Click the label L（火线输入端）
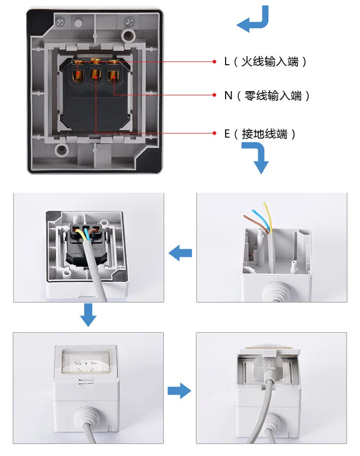[x=265, y=62]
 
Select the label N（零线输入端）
[x=266, y=95]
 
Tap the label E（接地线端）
[x=260, y=134]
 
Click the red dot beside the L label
[x=215, y=62]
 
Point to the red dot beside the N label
[x=215, y=95]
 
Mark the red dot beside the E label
[x=215, y=133]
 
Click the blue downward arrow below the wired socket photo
[x=88, y=315]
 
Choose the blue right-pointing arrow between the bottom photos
[x=179, y=391]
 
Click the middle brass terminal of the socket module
[x=96, y=74]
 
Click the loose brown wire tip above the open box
[x=244, y=216]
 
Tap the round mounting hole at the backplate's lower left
[x=62, y=150]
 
